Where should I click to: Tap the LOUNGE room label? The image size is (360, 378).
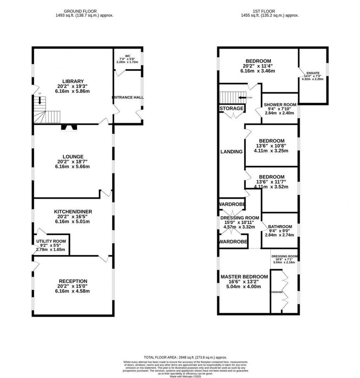[73, 156]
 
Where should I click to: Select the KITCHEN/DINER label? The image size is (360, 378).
[73, 211]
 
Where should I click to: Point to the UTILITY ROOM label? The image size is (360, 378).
[51, 242]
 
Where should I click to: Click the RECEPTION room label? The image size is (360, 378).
[73, 281]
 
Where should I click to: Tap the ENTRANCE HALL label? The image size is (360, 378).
[128, 97]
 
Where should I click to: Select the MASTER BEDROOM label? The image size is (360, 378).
[244, 277]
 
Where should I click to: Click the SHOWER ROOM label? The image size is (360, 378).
[280, 105]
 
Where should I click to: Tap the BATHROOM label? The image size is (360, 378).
[280, 226]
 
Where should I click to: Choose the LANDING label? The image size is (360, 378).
[231, 152]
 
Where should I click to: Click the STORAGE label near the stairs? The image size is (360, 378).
[232, 108]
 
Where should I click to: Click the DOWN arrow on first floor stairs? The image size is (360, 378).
[242, 97]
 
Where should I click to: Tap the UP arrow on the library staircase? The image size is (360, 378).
[40, 101]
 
